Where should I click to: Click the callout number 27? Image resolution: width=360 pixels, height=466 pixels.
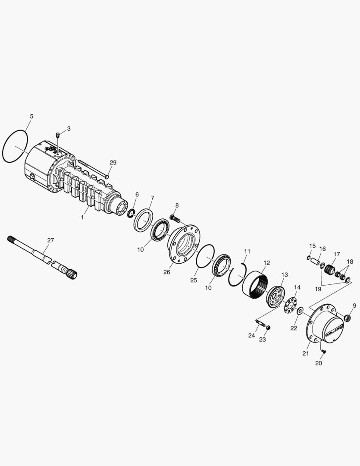coord(50,240)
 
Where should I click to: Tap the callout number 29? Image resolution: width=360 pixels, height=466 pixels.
coord(113,163)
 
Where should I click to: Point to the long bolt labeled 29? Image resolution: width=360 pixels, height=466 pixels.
coord(92,169)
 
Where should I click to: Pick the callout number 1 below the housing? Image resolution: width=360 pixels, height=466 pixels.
coord(82,217)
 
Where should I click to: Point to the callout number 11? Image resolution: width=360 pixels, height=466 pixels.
coord(247,251)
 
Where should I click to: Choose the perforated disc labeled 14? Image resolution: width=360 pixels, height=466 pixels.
coord(291,304)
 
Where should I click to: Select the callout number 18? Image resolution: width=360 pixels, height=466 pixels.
coord(350,262)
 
